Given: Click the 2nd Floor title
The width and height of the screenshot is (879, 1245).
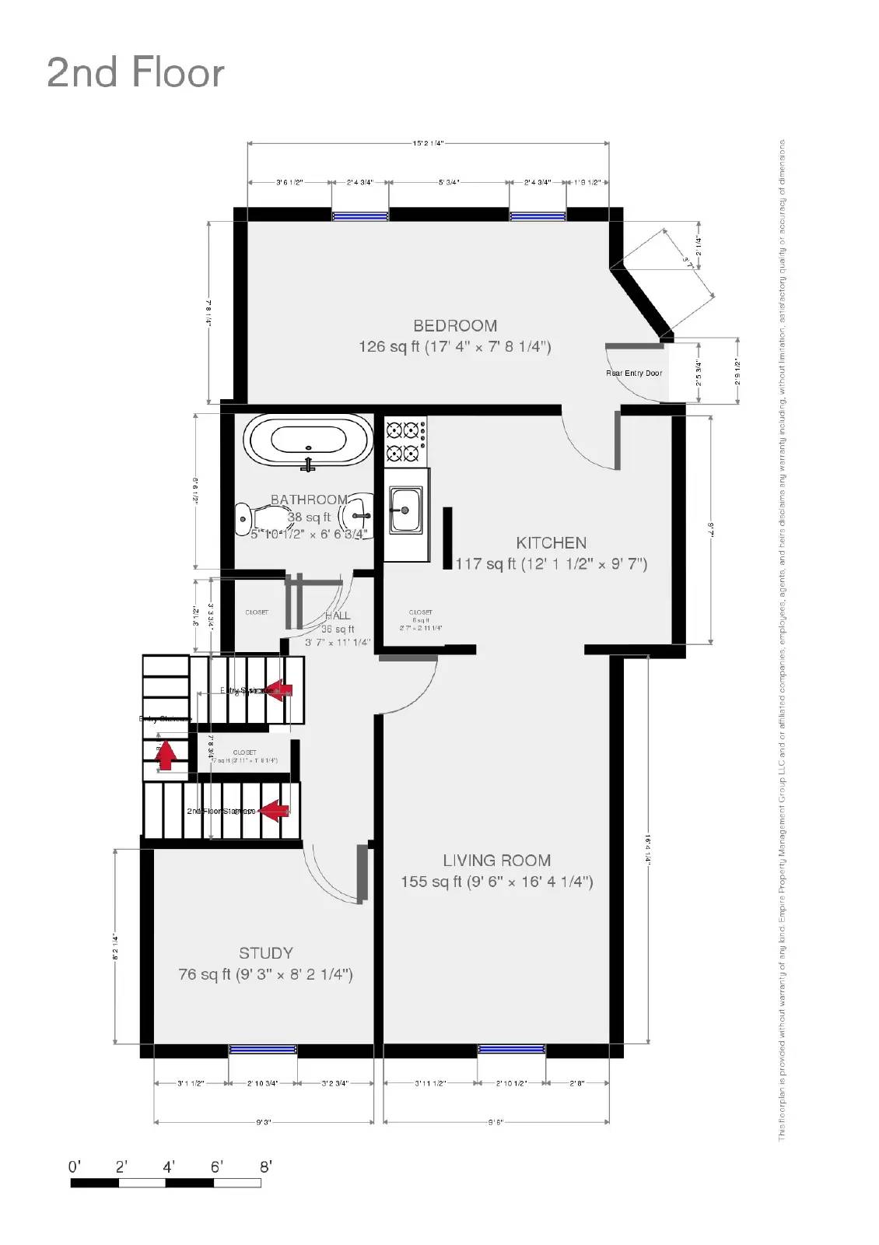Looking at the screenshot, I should tap(135, 72).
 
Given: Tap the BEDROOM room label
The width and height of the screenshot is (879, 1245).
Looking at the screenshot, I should tap(454, 325).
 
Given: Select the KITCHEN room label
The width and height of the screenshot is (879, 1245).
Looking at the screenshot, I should tap(551, 542).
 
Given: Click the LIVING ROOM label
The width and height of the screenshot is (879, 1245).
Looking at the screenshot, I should tap(496, 860).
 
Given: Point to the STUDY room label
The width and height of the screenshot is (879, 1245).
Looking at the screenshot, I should tap(265, 952).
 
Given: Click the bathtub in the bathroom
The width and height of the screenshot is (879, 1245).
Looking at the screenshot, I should tap(308, 440).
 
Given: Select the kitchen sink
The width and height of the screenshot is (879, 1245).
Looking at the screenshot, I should tap(405, 510).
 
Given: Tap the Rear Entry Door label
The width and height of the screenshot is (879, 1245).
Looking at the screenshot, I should tap(634, 373).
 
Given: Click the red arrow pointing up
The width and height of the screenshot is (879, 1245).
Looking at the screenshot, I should tap(165, 753).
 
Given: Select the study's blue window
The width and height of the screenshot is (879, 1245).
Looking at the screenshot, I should tap(263, 1050).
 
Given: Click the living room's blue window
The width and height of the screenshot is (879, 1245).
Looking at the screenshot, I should tap(511, 1050).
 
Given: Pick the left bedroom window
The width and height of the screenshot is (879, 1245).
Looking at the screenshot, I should tap(360, 216).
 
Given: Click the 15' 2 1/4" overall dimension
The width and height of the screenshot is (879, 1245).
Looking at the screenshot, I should tap(428, 143).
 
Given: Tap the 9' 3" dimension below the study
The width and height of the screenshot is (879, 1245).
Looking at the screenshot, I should tap(264, 1122).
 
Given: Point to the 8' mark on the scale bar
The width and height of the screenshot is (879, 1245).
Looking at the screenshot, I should tap(265, 1167).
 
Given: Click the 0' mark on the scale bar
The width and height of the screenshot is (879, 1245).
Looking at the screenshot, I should tap(75, 1167).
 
